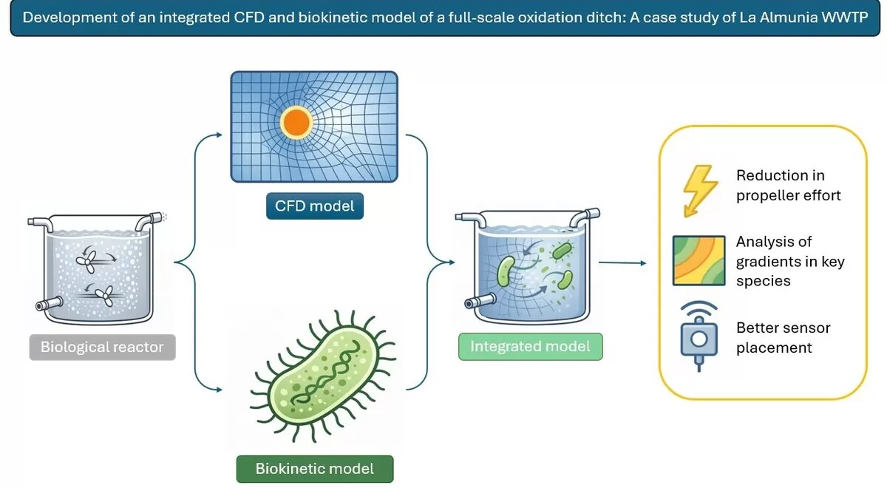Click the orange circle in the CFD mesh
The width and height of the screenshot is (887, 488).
click(x=296, y=123)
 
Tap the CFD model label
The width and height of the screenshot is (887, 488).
click(x=314, y=206)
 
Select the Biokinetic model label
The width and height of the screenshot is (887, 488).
click(x=315, y=469)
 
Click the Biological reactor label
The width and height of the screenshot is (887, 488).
click(x=102, y=347)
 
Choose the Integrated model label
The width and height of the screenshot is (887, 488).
click(x=530, y=347)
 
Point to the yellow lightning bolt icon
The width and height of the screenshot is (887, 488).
click(x=700, y=191)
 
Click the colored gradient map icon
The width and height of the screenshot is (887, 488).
click(x=699, y=260)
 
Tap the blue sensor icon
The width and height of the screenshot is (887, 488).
click(x=699, y=336)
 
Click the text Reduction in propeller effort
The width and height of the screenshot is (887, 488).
click(x=788, y=186)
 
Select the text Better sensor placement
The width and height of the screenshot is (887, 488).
click(x=783, y=337)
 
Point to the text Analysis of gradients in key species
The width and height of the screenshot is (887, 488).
click(x=790, y=261)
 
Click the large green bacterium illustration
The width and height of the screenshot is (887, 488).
click(x=323, y=376)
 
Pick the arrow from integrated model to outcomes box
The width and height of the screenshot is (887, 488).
click(x=622, y=262)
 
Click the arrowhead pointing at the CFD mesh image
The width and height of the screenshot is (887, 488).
click(x=219, y=135)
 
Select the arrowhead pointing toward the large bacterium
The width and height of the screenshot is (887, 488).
click(x=219, y=390)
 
